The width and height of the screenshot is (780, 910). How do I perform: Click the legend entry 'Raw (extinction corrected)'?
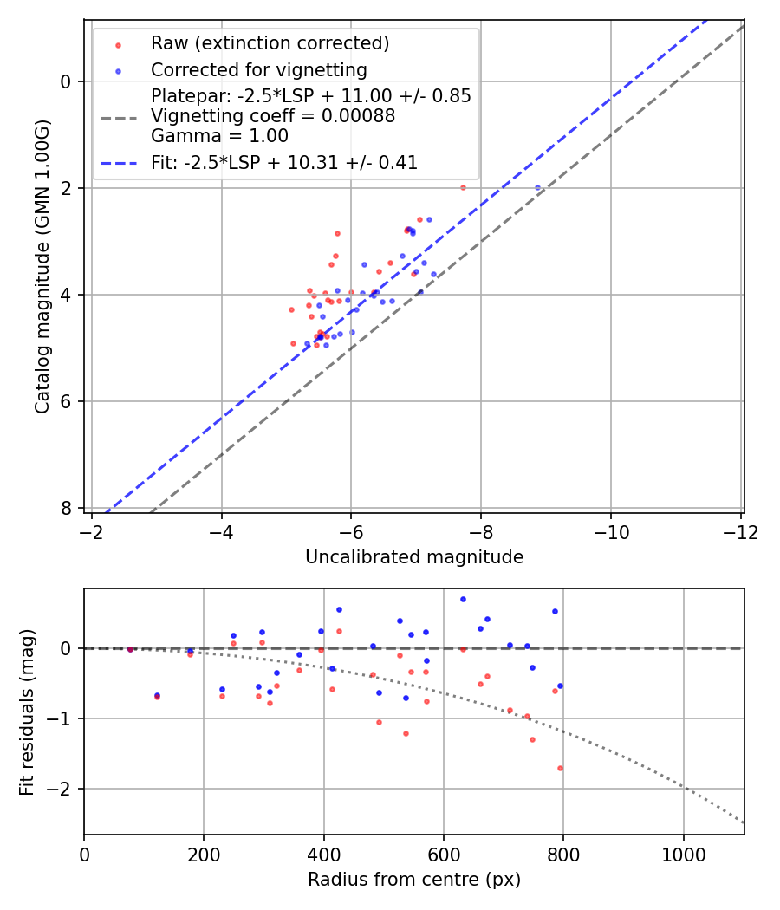(x=270, y=43)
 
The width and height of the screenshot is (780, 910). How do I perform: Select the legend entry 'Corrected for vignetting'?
(x=258, y=69)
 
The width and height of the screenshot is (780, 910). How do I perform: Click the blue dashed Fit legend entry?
(x=284, y=163)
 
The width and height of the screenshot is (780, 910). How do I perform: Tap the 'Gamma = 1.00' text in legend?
(x=219, y=136)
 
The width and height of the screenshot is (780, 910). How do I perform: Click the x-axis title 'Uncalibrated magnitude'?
(x=414, y=557)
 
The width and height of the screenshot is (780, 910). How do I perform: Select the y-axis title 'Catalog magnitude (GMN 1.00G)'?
(x=42, y=266)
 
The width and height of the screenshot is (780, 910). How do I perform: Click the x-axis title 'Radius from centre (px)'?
(x=414, y=880)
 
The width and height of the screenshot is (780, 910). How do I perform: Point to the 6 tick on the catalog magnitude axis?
(x=72, y=401)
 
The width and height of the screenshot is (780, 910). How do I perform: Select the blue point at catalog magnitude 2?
(x=537, y=187)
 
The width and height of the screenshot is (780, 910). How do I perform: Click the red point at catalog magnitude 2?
(x=463, y=187)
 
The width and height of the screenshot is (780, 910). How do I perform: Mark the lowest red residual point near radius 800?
(x=560, y=768)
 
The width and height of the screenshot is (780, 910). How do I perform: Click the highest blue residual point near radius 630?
(x=463, y=599)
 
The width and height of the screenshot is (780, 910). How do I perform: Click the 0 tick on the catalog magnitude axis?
(x=72, y=81)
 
